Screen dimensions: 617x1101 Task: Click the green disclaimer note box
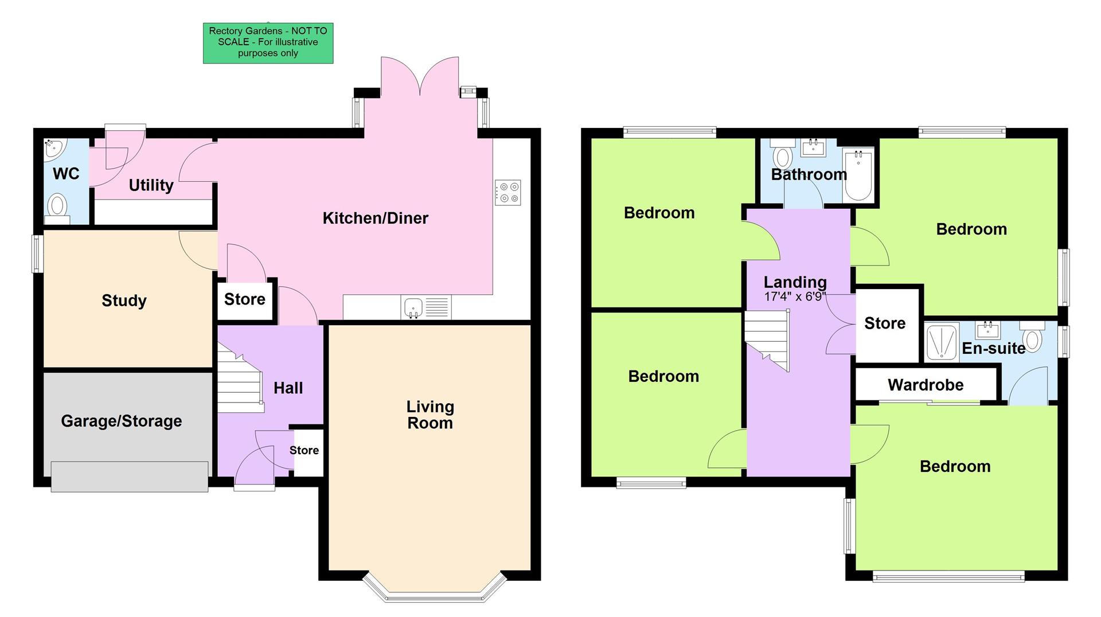[x=268, y=43]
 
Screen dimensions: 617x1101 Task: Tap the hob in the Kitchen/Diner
[x=507, y=193]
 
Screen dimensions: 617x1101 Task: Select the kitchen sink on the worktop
[x=413, y=308]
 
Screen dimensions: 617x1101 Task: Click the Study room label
[x=124, y=300]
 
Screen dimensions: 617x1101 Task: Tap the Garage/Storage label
[x=122, y=421]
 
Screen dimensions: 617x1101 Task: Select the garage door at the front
[x=130, y=476]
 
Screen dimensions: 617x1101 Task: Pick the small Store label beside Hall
[x=304, y=450]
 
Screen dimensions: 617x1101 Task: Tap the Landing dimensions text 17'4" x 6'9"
[x=795, y=296]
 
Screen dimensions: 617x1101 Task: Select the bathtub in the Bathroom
[x=858, y=174]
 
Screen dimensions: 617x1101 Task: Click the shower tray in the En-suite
[x=941, y=343]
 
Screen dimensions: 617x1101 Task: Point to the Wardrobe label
[x=926, y=385]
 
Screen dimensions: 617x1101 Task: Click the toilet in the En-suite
[x=1032, y=338]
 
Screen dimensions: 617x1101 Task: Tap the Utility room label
[x=151, y=185]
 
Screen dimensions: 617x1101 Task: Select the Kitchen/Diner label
[x=375, y=218]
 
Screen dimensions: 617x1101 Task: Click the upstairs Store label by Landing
[x=885, y=323]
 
